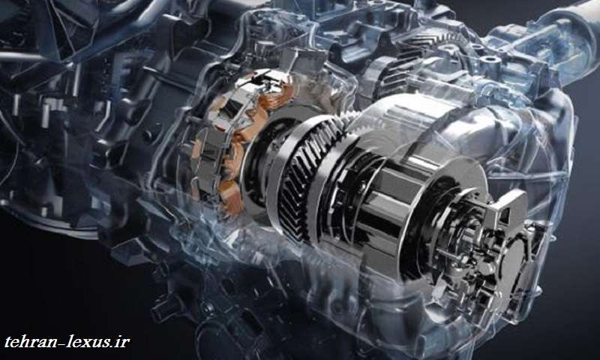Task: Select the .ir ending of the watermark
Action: [x=120, y=341]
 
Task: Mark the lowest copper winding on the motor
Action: [x=232, y=199]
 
